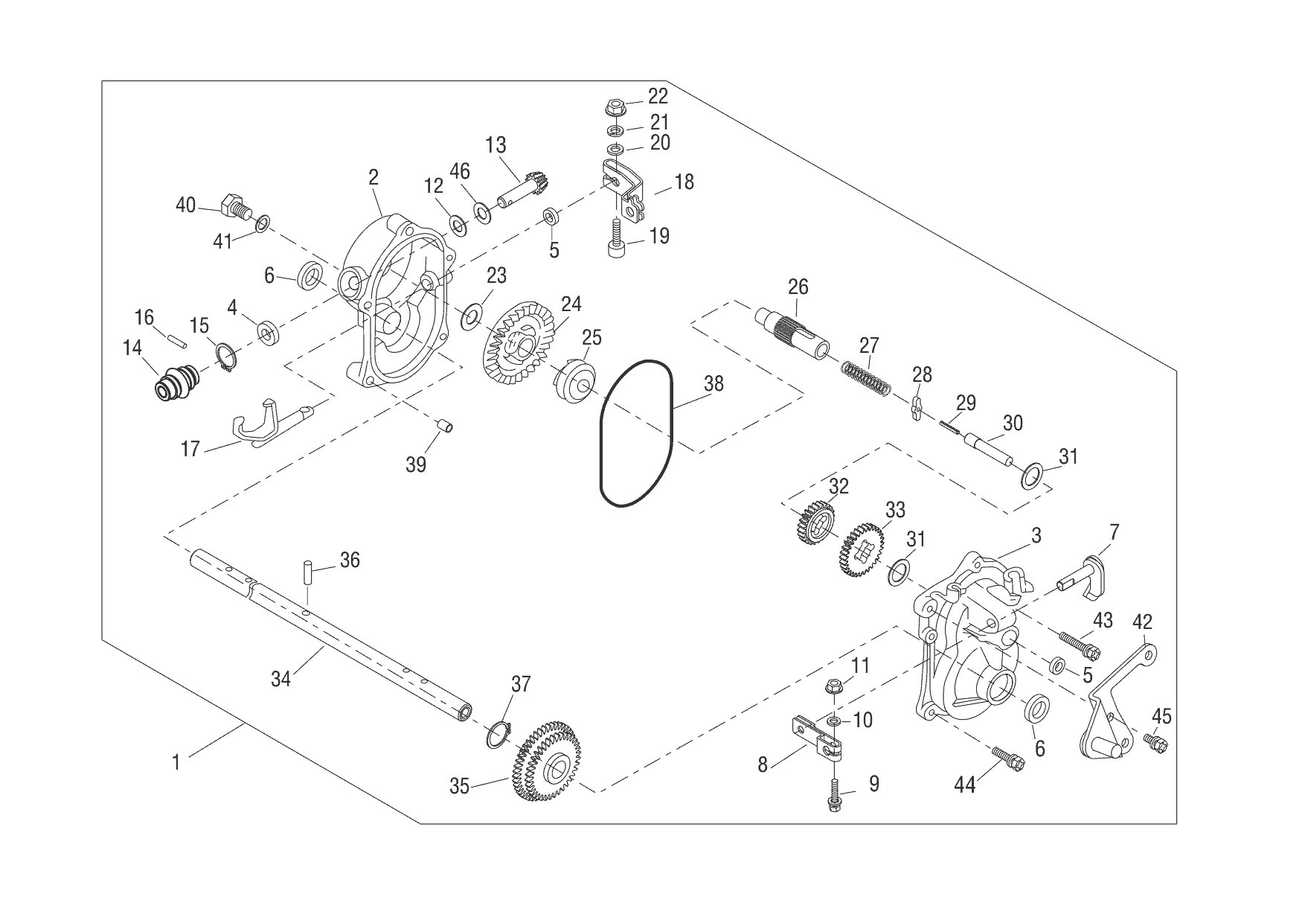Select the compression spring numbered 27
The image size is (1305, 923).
pyautogui.click(x=865, y=376)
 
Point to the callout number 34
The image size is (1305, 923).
pyautogui.click(x=280, y=678)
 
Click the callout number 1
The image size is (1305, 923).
pyautogui.click(x=176, y=763)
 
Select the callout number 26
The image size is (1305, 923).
pyautogui.click(x=798, y=287)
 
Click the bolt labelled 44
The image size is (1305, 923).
pyautogui.click(x=1009, y=760)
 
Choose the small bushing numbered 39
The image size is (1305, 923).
pyautogui.click(x=445, y=427)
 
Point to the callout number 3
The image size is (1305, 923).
pyautogui.click(x=1036, y=536)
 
